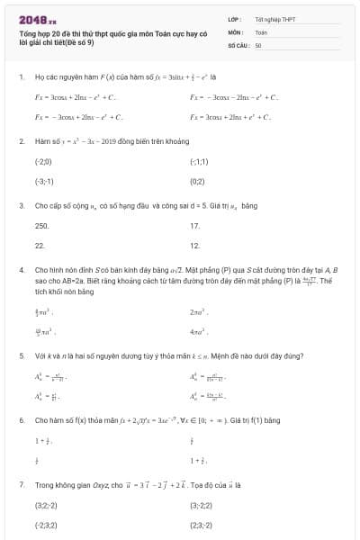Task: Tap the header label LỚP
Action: (233, 19)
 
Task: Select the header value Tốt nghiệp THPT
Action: (274, 19)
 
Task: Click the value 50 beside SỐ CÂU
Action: (258, 44)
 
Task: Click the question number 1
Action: (20, 77)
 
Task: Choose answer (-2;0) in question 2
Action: (43, 162)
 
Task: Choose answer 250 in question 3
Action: (41, 225)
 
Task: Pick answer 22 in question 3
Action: (40, 245)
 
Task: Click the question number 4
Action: (20, 270)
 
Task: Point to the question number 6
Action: (20, 420)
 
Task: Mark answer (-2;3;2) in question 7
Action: (46, 524)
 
